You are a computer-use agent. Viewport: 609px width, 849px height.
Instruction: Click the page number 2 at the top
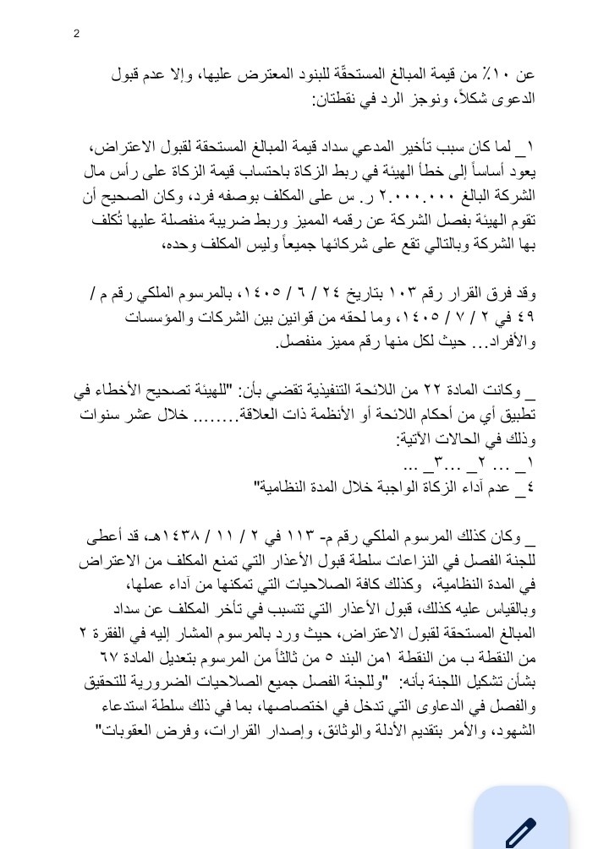point(77,34)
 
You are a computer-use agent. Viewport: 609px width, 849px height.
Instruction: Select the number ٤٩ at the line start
point(524,318)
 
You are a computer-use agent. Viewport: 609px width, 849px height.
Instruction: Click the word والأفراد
point(512,343)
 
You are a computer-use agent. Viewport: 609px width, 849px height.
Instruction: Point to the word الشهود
point(515,731)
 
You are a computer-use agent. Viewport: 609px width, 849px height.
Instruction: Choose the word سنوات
point(100,416)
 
